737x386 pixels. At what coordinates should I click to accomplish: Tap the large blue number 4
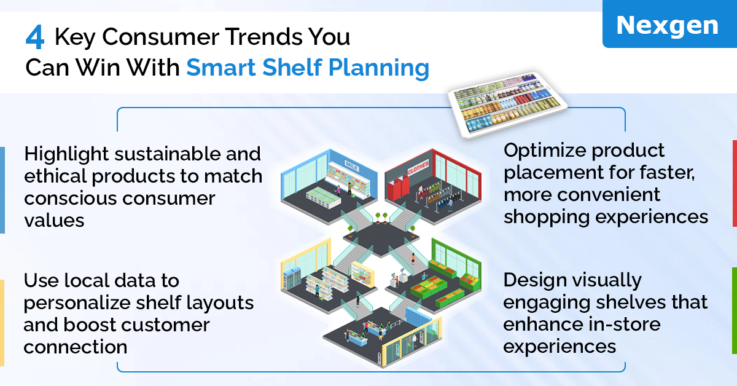(35, 37)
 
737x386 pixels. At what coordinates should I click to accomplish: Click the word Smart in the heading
(221, 67)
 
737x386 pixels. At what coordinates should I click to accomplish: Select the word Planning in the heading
(379, 68)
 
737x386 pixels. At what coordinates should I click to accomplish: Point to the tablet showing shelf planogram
(509, 104)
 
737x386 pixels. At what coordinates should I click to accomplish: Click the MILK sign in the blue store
(351, 166)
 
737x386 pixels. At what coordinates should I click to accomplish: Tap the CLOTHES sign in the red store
(418, 168)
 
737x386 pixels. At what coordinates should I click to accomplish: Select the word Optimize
(545, 151)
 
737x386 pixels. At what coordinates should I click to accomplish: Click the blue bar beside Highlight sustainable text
(2, 190)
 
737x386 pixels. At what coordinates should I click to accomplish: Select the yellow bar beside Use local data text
(2, 323)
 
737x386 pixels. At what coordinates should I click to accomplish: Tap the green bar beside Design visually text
(735, 310)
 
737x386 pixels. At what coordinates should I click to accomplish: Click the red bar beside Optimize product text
(735, 183)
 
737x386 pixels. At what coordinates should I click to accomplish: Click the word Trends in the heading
(264, 36)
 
